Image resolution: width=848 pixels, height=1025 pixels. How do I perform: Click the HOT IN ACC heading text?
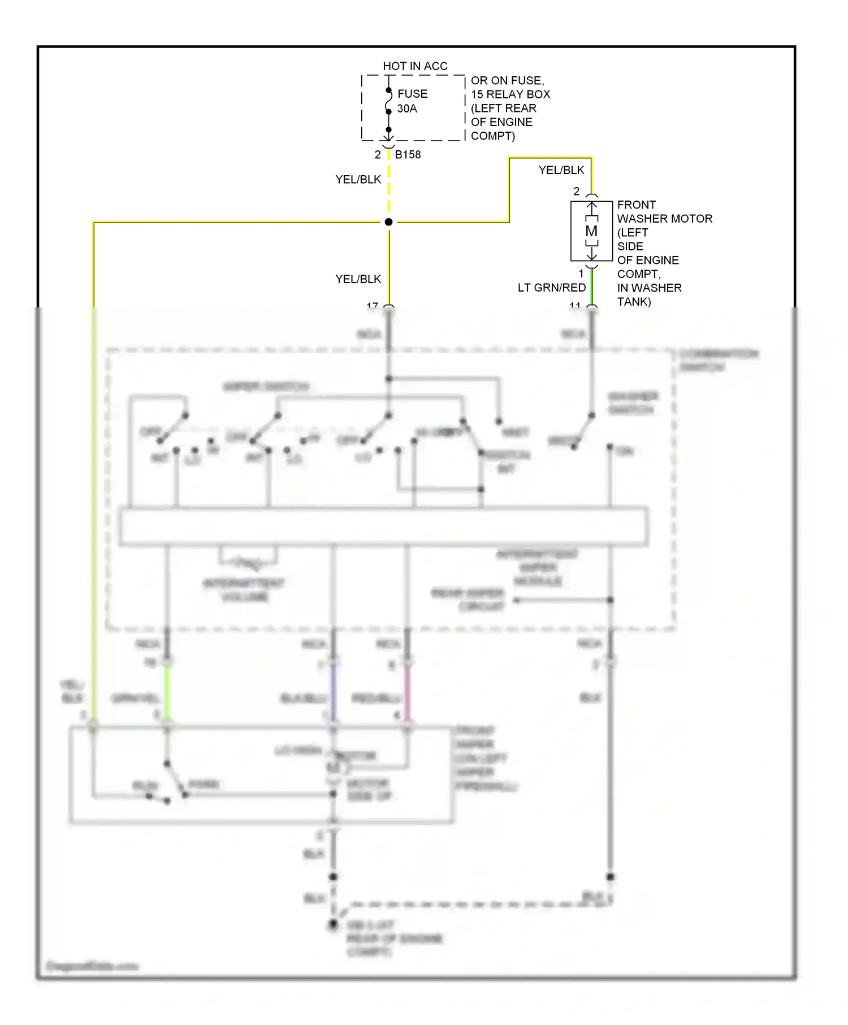[x=415, y=66]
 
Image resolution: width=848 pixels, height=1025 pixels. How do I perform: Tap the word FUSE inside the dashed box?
[x=412, y=94]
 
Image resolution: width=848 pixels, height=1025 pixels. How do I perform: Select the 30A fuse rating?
[x=407, y=108]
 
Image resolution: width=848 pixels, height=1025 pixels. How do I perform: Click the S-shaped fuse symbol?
[x=388, y=101]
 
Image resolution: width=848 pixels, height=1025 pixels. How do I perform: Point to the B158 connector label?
[x=408, y=154]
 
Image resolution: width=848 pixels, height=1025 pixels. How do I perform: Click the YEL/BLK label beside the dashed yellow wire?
[x=358, y=179]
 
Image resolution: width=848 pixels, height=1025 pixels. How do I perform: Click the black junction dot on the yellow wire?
[x=388, y=222]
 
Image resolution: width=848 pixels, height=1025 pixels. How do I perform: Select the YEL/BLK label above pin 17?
[x=358, y=279]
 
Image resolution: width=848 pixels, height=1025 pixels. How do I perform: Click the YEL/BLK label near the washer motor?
[x=561, y=170]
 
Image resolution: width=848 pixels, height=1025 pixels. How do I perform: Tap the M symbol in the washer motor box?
[x=591, y=231]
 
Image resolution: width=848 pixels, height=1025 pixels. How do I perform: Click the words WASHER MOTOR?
[x=664, y=219]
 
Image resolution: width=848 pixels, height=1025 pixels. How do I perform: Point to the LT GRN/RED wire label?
[x=551, y=288]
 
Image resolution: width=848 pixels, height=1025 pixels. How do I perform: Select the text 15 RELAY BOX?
[x=510, y=94]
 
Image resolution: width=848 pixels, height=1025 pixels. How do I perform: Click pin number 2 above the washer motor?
[x=576, y=192]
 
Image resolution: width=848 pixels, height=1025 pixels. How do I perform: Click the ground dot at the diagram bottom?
[x=334, y=924]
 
